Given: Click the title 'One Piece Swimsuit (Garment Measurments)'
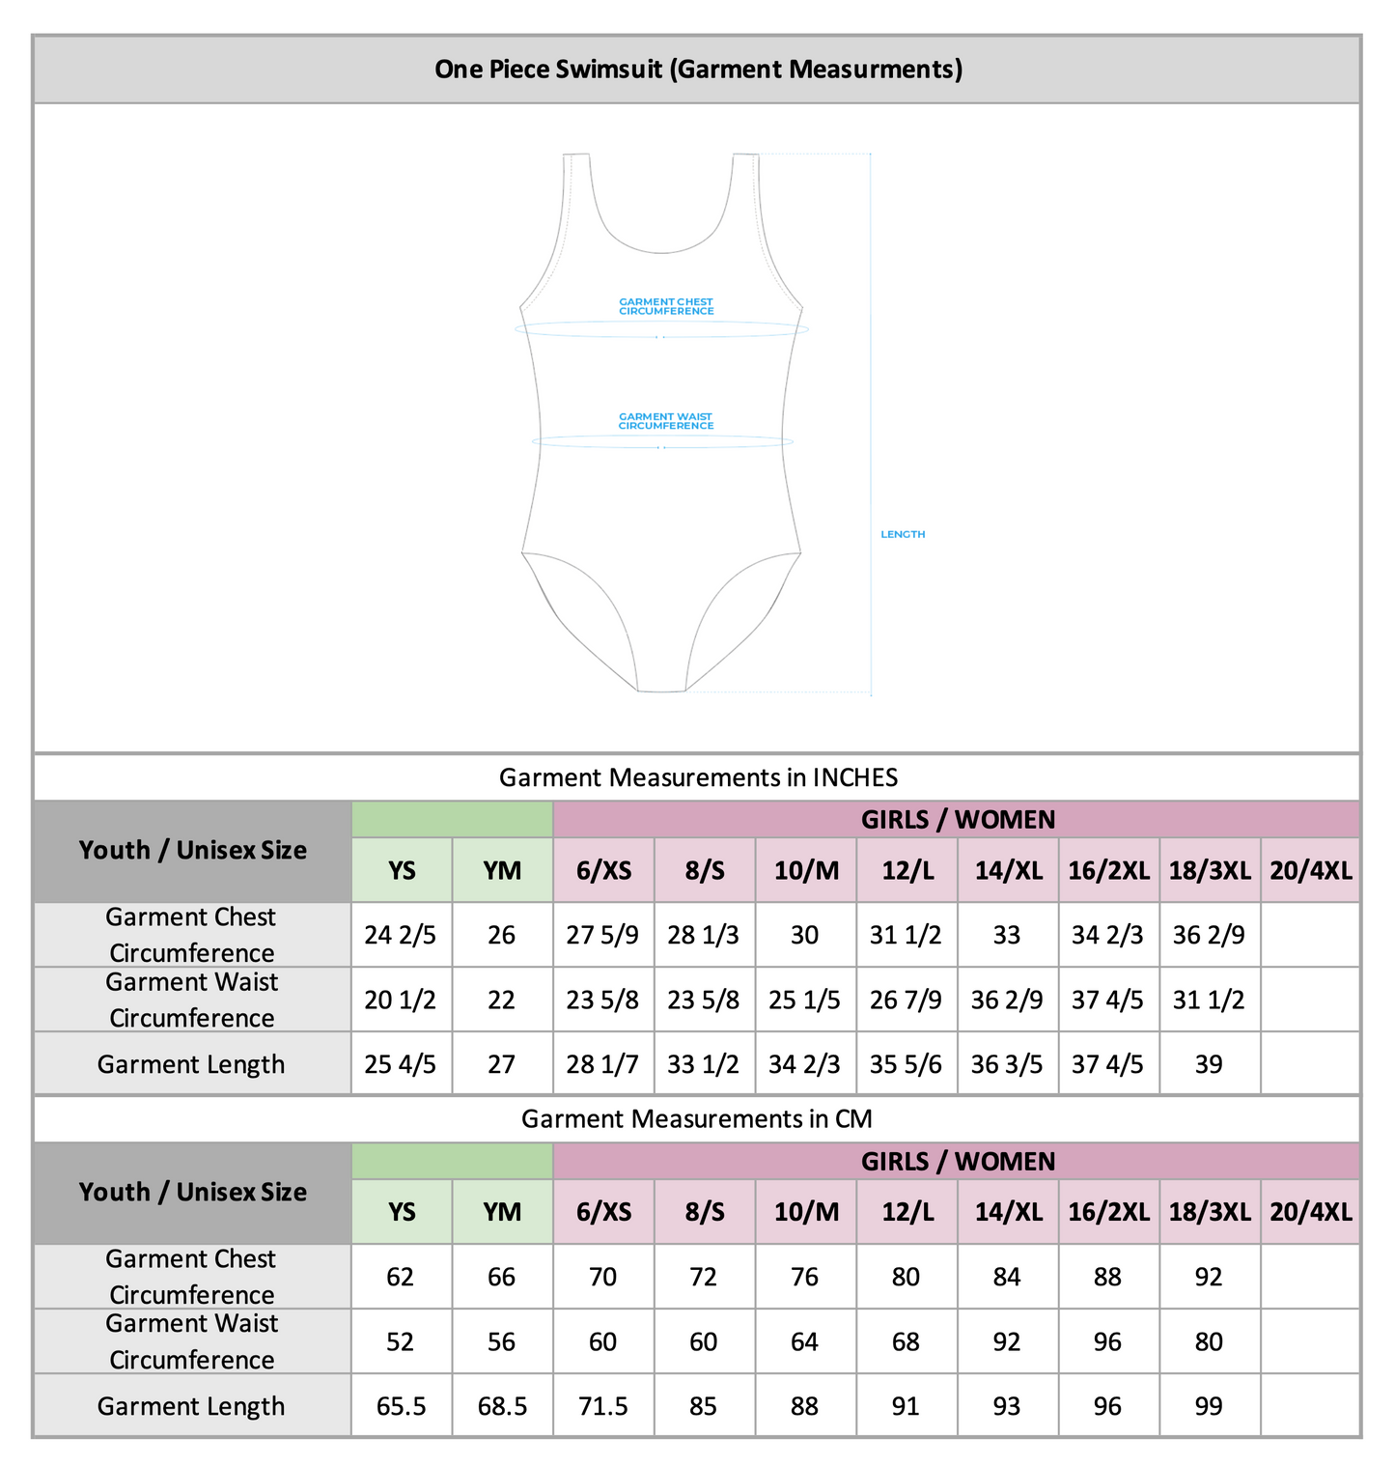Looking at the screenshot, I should click(x=698, y=70).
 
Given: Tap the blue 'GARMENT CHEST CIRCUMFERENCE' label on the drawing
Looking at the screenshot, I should click(x=666, y=306).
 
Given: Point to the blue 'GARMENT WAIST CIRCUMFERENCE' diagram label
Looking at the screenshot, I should click(x=666, y=421).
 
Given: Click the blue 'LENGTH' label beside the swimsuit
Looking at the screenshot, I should click(x=903, y=534).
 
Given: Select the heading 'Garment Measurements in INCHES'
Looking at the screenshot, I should click(x=698, y=777).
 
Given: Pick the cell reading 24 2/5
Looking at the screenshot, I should click(x=401, y=935).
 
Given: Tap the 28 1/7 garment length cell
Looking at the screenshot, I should click(x=602, y=1064).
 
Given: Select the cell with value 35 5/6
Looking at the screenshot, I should click(x=906, y=1064).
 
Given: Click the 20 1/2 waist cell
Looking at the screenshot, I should click(x=401, y=1000).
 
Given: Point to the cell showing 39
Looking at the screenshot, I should click(x=1209, y=1064).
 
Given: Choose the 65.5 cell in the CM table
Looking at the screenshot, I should click(x=401, y=1406).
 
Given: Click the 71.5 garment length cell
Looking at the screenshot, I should click(x=602, y=1406).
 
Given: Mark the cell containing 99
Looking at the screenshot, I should click(x=1209, y=1406).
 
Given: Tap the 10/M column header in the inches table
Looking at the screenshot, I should click(x=805, y=870).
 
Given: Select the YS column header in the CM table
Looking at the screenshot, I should click(x=402, y=1212).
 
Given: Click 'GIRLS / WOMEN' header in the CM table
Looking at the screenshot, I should click(x=957, y=1161).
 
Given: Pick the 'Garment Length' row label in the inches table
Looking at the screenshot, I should click(x=191, y=1064).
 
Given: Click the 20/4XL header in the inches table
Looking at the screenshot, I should click(x=1310, y=870).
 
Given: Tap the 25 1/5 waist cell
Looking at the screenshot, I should click(x=804, y=1000).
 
